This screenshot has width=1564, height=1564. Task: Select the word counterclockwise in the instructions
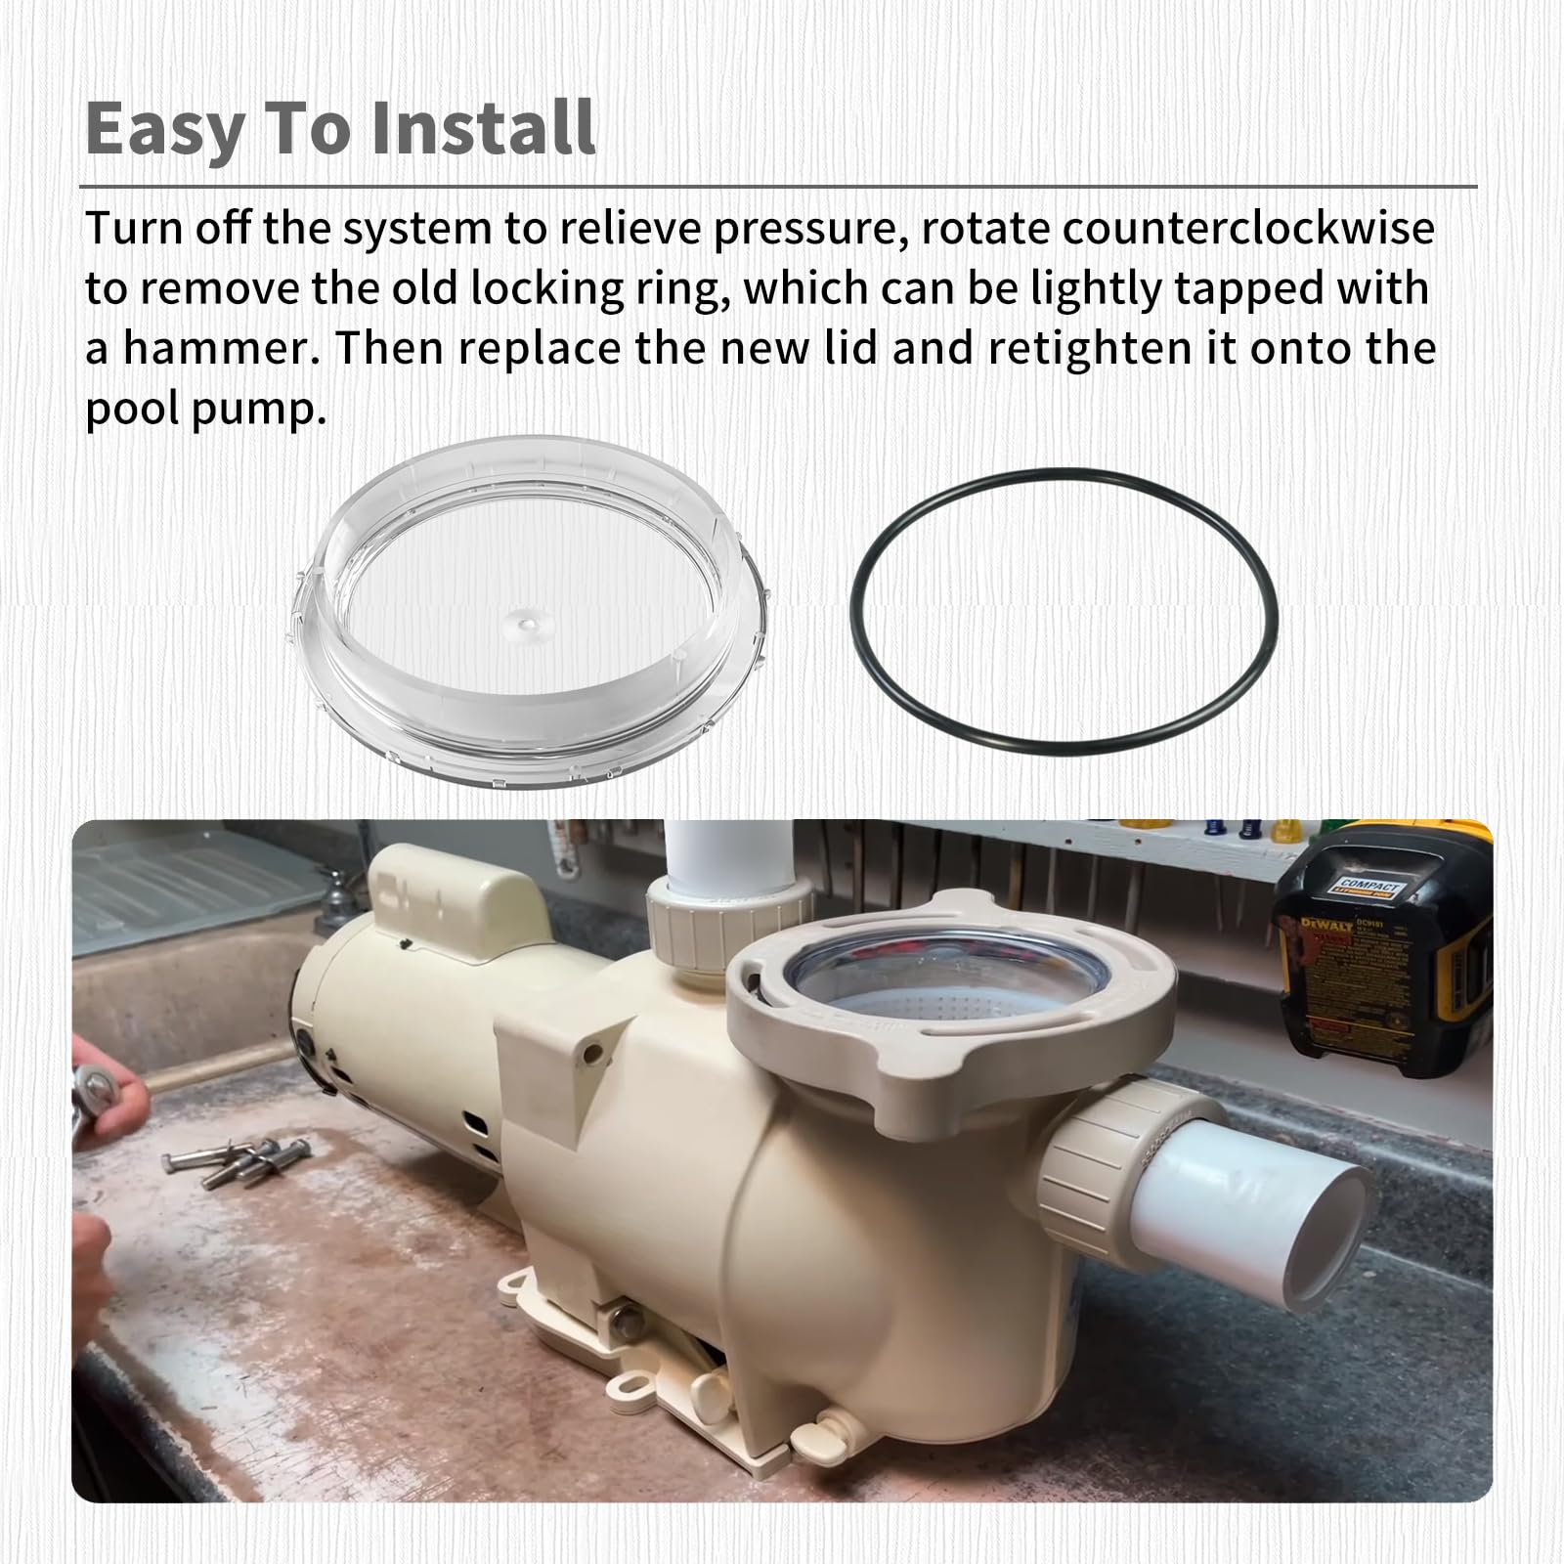[1248, 229]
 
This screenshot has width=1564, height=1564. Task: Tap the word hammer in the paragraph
[215, 349]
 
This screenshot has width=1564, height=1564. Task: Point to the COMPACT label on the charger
[1370, 887]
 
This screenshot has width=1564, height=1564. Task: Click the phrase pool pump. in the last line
[205, 409]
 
